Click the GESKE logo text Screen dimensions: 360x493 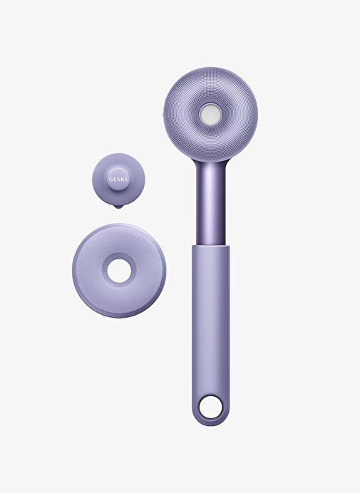point(118,180)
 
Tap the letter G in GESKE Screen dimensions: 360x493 point(110,180)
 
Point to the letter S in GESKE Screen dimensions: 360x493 point(118,180)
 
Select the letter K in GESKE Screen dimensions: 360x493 point(123,180)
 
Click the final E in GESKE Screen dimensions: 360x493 point(126,180)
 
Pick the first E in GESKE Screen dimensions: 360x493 point(115,180)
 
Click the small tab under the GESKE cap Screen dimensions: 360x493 point(118,207)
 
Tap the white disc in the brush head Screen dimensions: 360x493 point(210,114)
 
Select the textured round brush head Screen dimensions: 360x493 point(210,114)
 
